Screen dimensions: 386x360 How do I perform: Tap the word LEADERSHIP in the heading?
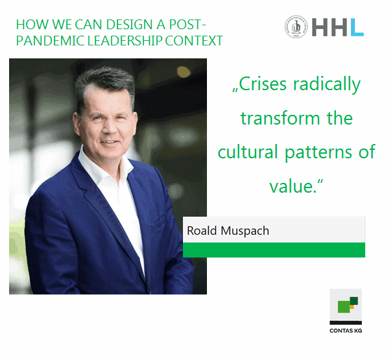[125, 41]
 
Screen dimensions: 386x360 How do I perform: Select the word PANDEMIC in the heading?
[51, 41]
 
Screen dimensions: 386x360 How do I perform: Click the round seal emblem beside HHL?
[296, 27]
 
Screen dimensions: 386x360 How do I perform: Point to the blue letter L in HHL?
[357, 27]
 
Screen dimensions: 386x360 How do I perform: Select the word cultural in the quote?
[248, 152]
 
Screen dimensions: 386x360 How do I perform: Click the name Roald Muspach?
[228, 231]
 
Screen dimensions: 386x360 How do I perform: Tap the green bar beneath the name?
[274, 250]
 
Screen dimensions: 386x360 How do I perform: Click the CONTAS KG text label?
[346, 331]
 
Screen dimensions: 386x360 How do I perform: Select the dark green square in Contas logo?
[354, 301]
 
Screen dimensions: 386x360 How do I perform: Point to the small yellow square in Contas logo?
[352, 307]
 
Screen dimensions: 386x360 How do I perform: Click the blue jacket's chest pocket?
[158, 219]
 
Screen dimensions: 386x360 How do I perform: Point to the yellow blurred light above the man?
[184, 71]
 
